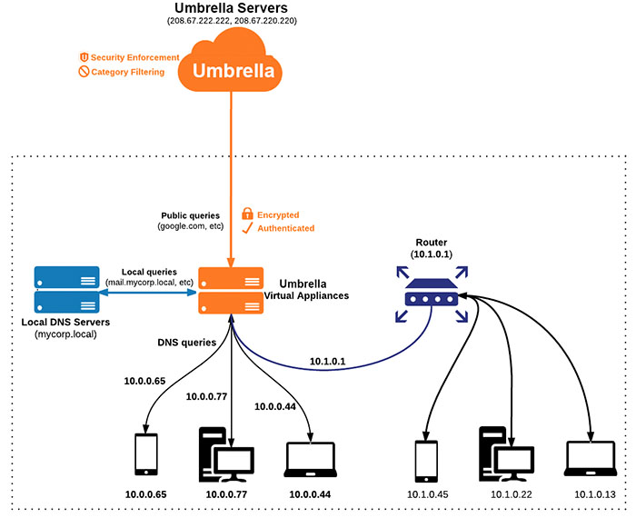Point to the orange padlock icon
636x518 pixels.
click(246, 214)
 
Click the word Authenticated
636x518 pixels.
click(286, 228)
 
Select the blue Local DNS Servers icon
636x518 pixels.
click(66, 289)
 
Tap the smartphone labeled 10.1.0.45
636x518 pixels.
click(425, 461)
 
